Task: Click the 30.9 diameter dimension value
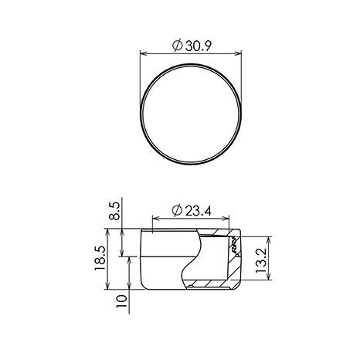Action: (199, 46)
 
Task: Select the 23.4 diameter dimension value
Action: (199, 211)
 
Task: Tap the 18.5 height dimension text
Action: (100, 258)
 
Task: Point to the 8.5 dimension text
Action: (114, 211)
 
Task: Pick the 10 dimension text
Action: (121, 301)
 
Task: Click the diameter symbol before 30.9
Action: (178, 46)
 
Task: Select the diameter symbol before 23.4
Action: (177, 211)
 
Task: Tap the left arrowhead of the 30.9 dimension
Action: (144, 53)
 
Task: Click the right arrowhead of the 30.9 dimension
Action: (238, 53)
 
